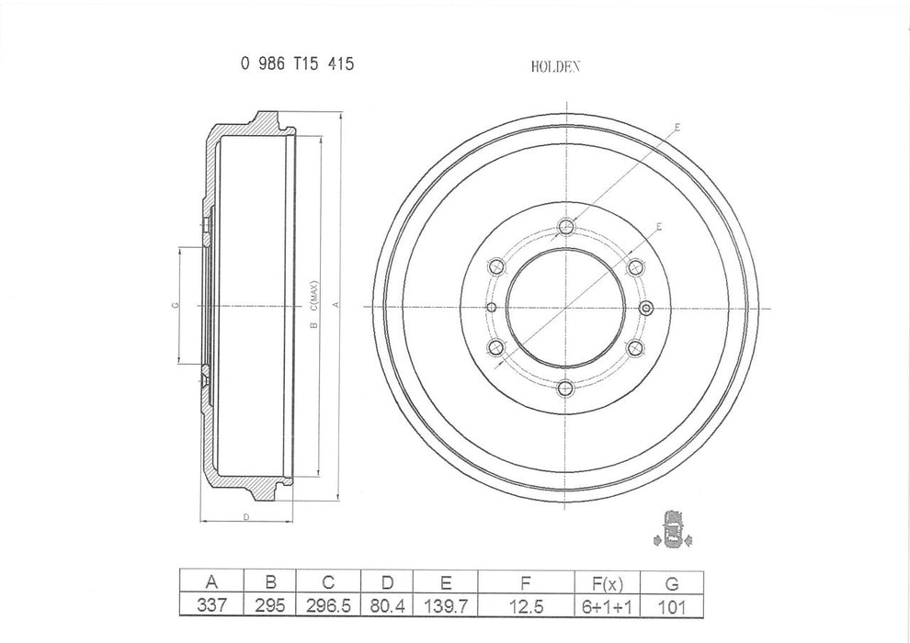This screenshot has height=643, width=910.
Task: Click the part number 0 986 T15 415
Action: pos(297,64)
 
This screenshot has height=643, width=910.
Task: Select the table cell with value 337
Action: pos(212,605)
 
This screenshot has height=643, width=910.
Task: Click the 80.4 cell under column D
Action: pos(387,605)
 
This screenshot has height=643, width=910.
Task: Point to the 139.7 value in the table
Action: pos(446,605)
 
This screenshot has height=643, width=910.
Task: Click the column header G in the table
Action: pos(671,581)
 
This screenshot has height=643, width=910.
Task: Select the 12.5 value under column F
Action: pos(525,605)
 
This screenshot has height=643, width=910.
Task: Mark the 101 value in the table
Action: pos(671,605)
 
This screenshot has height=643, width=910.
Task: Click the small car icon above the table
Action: pos(674,530)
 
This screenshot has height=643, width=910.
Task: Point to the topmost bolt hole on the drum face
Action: pos(566,227)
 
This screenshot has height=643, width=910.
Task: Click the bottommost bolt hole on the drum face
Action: pos(566,387)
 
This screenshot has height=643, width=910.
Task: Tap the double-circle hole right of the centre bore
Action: pos(644,307)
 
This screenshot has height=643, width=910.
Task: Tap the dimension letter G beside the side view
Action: pos(174,305)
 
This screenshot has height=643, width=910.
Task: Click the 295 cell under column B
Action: pos(271,605)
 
